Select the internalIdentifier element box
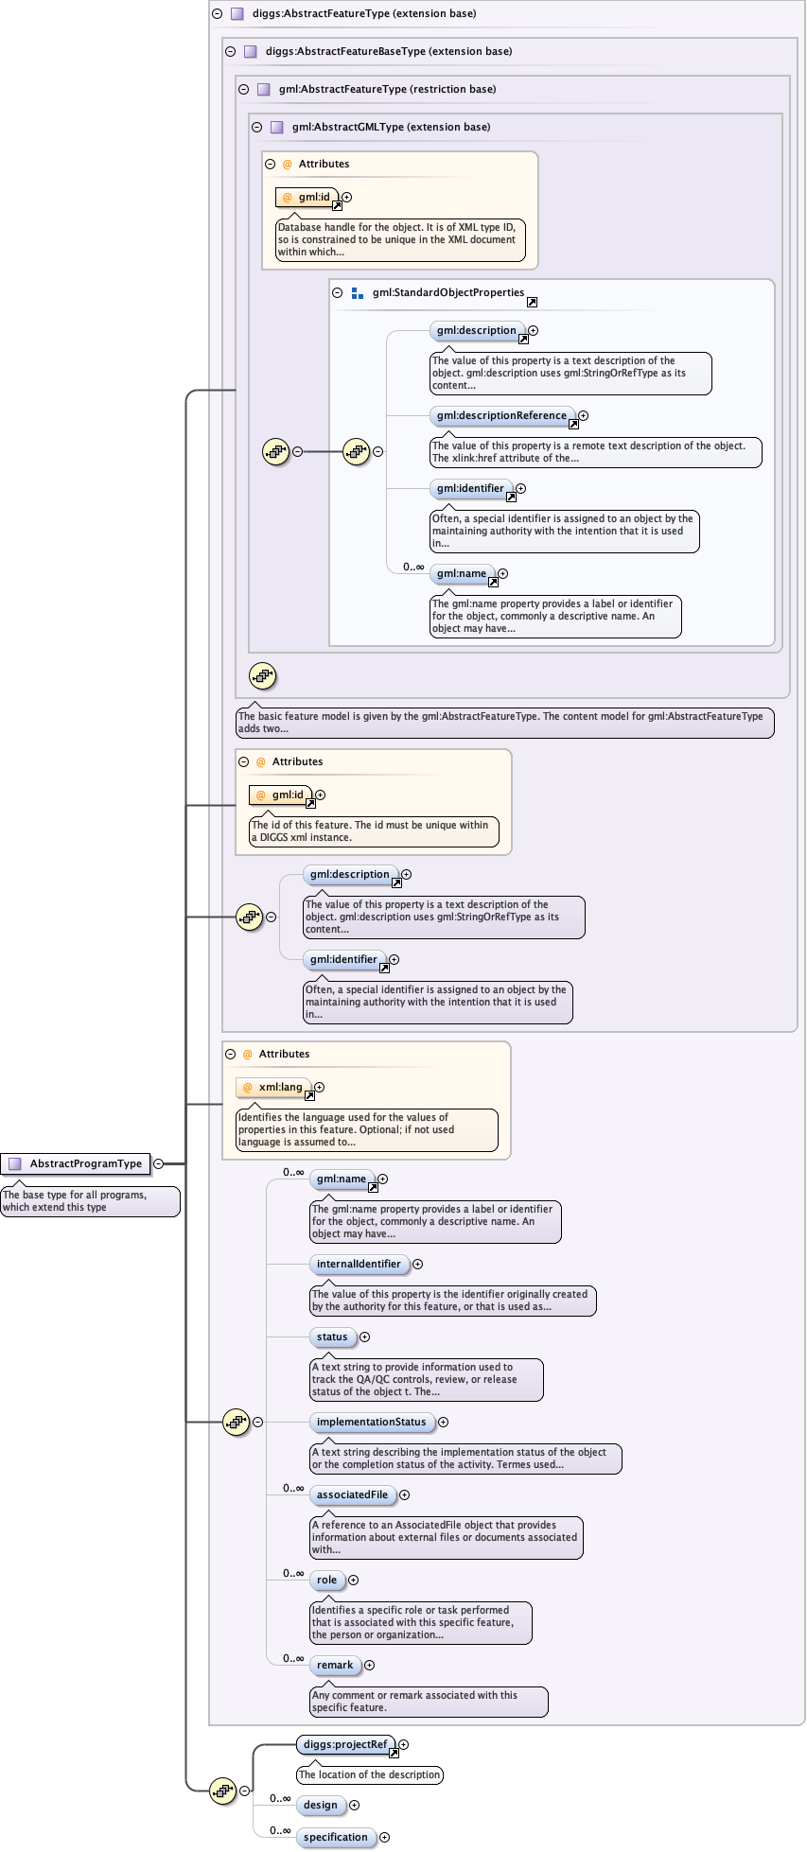click(359, 1264)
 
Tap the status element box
click(332, 1337)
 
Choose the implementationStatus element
click(371, 1422)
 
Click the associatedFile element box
click(352, 1494)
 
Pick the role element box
click(326, 1580)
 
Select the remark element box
click(335, 1665)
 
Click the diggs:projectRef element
click(345, 1744)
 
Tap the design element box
click(320, 1805)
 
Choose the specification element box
click(335, 1837)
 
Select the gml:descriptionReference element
click(502, 415)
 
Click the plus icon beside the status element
click(365, 1337)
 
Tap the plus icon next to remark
click(370, 1665)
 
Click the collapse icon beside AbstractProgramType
click(158, 1163)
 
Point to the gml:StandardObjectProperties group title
click(447, 292)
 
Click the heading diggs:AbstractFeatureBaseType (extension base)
click(388, 51)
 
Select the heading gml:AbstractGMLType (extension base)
click(391, 127)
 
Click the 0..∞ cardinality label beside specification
click(280, 1830)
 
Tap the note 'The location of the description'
click(370, 1774)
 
